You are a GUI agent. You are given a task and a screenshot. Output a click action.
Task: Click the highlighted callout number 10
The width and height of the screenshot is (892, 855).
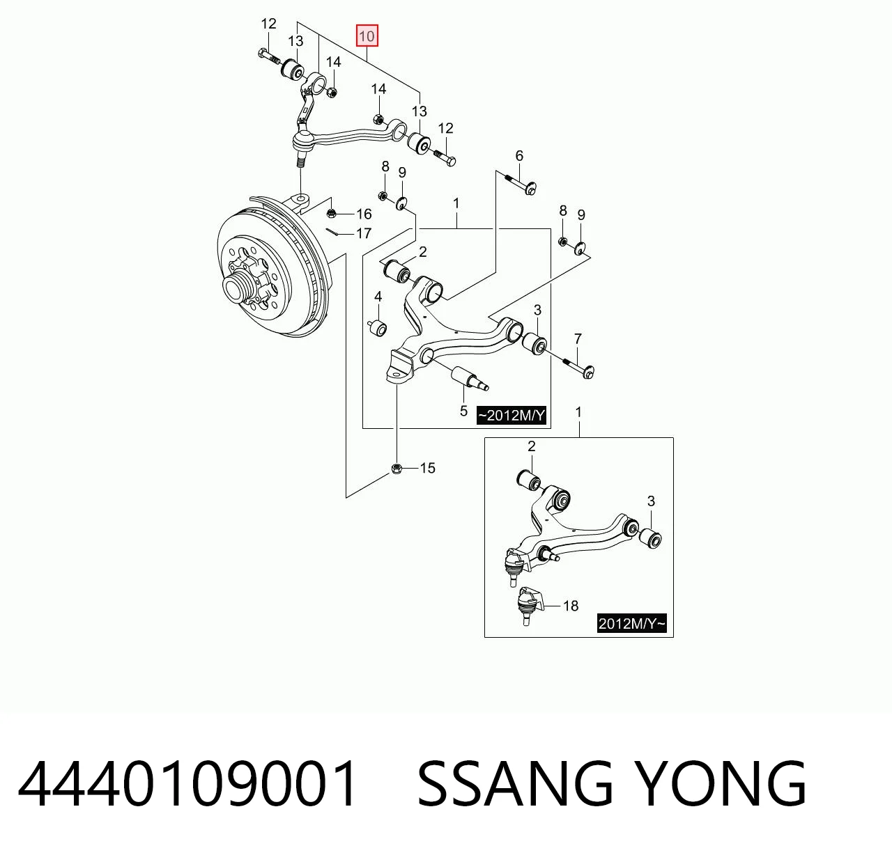(367, 36)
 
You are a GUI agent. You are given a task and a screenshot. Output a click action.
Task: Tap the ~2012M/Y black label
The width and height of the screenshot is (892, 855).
(512, 416)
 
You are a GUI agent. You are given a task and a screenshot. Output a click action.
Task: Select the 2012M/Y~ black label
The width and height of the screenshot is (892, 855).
(631, 623)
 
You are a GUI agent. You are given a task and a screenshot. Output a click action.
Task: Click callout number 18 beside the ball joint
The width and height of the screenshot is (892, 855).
(571, 606)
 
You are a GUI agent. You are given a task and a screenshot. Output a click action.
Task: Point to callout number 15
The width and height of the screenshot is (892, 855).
(427, 468)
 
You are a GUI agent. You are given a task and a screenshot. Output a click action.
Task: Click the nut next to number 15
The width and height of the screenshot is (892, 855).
(397, 469)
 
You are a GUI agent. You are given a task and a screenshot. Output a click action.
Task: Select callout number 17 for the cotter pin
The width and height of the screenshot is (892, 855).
(364, 233)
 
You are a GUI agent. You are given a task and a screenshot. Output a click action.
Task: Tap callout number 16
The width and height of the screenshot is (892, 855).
(364, 214)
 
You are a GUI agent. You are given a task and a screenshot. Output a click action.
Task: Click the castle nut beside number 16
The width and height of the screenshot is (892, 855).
(332, 213)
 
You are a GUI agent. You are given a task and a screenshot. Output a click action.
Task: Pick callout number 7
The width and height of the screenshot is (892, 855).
(578, 339)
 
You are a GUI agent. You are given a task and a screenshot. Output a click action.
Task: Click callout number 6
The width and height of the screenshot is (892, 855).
(519, 156)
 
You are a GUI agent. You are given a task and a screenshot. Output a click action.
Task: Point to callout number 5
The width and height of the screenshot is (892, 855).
(463, 411)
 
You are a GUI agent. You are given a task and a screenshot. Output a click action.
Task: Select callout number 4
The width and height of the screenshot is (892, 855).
(378, 297)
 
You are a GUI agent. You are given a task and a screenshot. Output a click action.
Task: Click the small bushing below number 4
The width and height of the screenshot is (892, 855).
(378, 328)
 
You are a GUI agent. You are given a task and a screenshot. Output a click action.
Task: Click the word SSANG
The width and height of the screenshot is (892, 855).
(515, 783)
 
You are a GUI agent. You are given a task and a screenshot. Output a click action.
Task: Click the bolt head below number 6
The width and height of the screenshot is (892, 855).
(531, 189)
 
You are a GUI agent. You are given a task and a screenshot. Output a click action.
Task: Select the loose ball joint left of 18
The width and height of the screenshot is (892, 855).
(527, 604)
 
